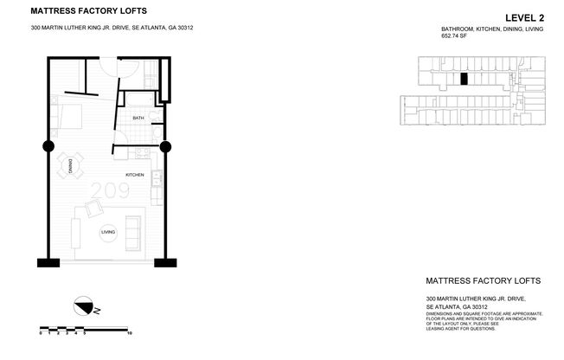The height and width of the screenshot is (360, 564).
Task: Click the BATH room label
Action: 138,118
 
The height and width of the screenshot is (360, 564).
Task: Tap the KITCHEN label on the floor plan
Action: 134,176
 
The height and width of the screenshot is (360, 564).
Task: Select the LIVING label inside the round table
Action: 108,232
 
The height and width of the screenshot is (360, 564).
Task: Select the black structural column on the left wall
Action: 48,145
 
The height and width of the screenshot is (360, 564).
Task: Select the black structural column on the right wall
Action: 165,145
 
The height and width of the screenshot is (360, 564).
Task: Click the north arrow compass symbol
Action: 85,305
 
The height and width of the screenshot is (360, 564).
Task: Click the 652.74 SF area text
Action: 455,37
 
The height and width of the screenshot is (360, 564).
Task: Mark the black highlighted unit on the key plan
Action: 464,79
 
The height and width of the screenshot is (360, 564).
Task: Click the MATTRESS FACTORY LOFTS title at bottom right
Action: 484,281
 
